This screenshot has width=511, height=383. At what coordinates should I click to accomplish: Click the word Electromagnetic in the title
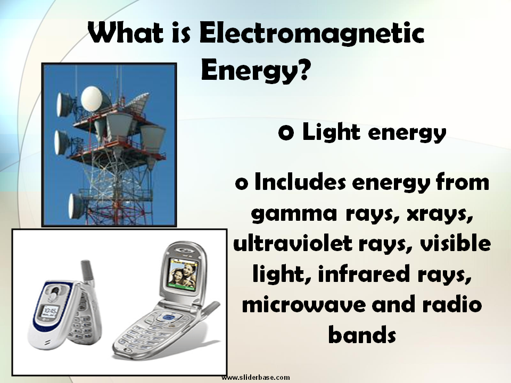pyautogui.click(x=312, y=35)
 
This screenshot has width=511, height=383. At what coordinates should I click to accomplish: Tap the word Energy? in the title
pyautogui.click(x=256, y=70)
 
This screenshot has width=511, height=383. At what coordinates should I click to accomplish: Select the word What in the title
pyautogui.click(x=126, y=35)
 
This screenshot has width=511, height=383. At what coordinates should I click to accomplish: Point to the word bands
pyautogui.click(x=362, y=336)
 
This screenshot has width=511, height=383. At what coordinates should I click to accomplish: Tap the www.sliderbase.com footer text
pyautogui.click(x=256, y=377)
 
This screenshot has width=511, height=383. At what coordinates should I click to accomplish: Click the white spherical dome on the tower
pyautogui.click(x=91, y=97)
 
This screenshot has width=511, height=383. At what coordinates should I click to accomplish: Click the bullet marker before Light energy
pyautogui.click(x=286, y=134)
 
